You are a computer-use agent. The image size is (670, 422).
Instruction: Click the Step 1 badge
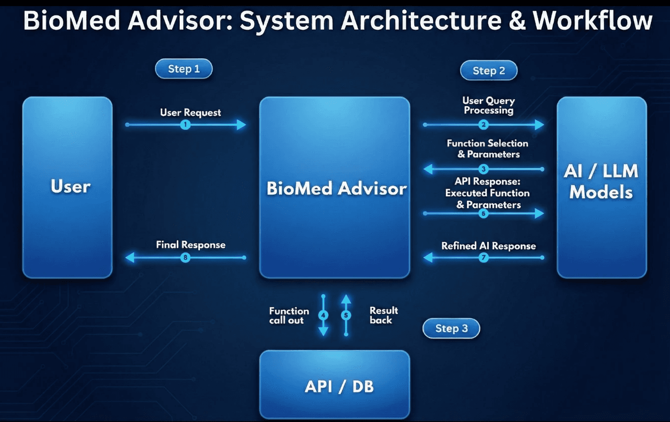point(184,69)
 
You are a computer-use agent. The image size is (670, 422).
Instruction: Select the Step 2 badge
point(488,71)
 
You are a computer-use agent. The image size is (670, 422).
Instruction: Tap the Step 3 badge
point(451,328)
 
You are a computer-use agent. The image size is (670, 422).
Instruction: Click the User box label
point(70,187)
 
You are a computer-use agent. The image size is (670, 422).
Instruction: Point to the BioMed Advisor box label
point(336,189)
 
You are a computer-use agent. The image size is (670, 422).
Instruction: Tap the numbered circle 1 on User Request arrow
point(185,125)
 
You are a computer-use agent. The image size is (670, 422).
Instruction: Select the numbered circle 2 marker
point(484,125)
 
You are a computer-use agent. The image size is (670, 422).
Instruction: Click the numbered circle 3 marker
point(484,169)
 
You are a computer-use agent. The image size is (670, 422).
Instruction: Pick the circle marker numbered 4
point(324,315)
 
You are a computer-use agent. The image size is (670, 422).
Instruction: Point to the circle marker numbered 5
point(346,315)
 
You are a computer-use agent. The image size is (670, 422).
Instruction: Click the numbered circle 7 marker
point(484,258)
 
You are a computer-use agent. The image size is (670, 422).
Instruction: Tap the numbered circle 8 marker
point(185,258)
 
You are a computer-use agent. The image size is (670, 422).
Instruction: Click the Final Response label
point(191,245)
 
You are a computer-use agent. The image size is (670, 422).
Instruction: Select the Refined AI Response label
point(488,246)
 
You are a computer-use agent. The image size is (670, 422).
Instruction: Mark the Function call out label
point(289,315)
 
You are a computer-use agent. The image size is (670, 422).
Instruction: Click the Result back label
point(384,315)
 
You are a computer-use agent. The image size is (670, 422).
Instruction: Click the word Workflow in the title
point(592,21)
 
